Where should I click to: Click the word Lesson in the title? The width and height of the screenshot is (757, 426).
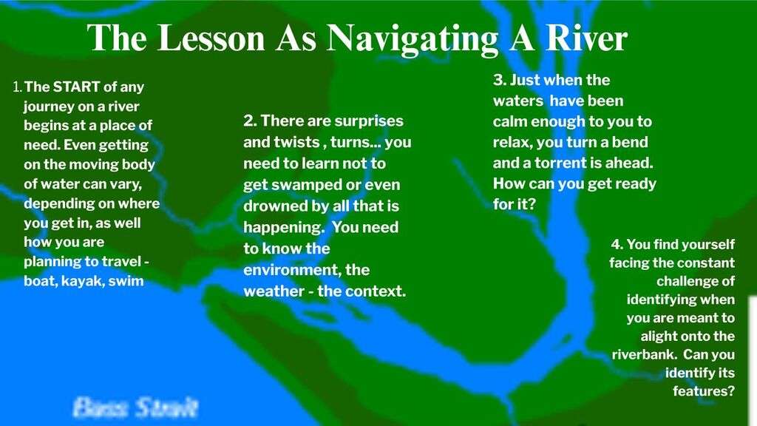pyautogui.click(x=211, y=38)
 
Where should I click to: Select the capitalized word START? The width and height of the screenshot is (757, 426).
pyautogui.click(x=76, y=87)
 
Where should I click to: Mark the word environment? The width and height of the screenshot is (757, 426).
pyautogui.click(x=291, y=269)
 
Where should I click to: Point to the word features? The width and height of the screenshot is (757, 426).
pyautogui.click(x=704, y=390)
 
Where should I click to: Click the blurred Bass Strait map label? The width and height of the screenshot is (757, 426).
pyautogui.click(x=136, y=408)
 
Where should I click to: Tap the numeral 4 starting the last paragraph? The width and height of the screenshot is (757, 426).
pyautogui.click(x=617, y=244)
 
